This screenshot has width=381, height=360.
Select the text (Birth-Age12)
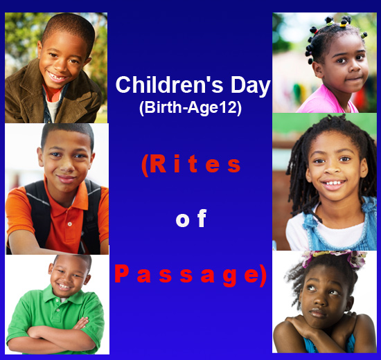[190, 107]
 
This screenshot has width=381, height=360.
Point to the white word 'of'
[191, 218]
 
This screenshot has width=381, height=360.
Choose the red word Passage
[190, 276]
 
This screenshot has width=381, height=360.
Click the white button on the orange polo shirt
[70, 224]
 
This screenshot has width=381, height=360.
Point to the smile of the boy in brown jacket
[57, 76]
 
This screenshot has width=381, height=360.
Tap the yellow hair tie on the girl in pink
[343, 24]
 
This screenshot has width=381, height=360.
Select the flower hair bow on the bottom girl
[335, 258]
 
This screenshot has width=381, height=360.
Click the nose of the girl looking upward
[321, 300]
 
